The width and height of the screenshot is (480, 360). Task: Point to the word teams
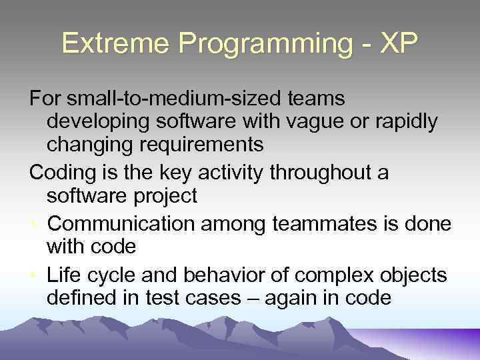316,99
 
